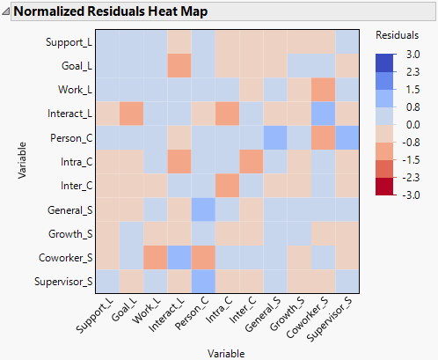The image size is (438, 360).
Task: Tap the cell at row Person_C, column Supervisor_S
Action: pos(346,137)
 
